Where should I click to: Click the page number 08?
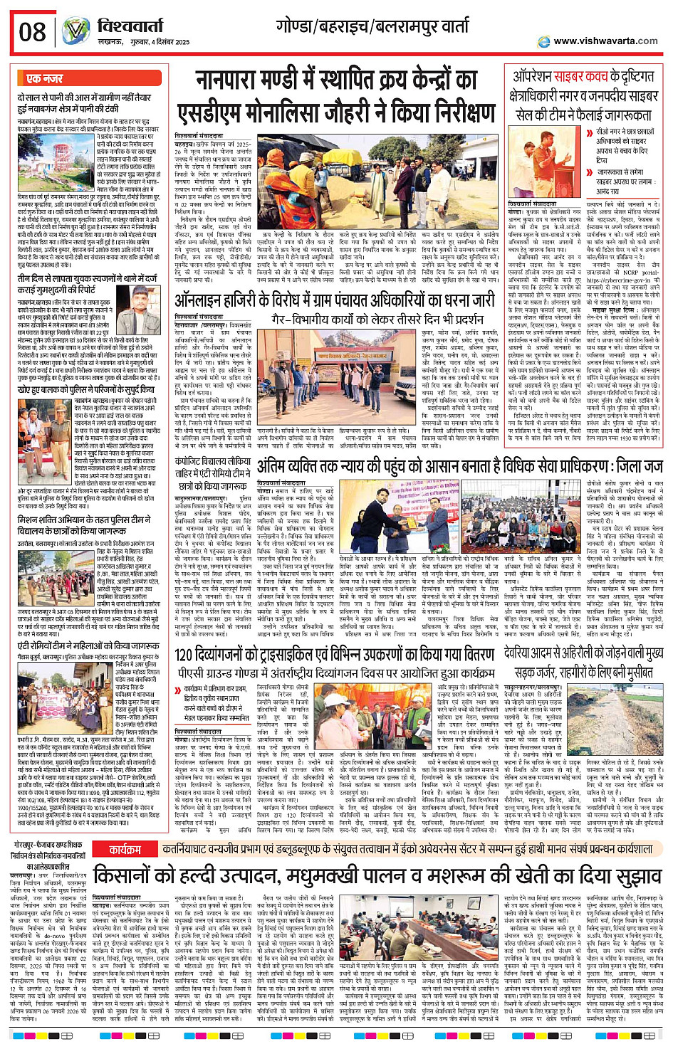click(32, 32)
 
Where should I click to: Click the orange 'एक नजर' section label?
click(44, 78)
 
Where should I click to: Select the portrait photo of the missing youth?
click(138, 301)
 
